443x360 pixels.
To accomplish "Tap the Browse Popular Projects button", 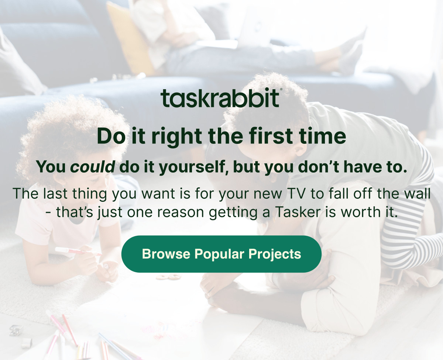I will (x=221, y=254).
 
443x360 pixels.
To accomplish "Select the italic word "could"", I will (x=93, y=167).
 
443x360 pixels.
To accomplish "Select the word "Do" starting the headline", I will (x=109, y=136).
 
